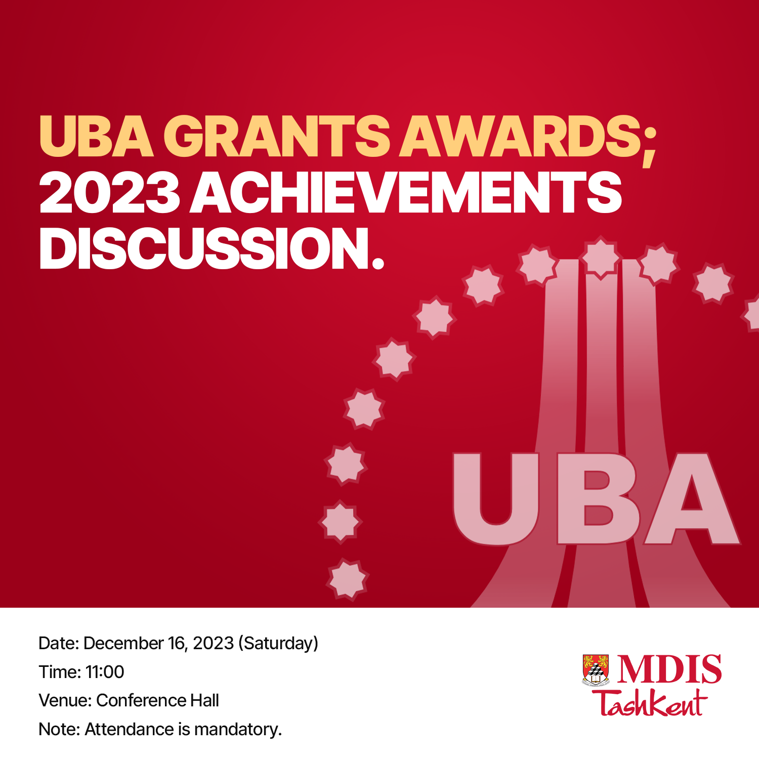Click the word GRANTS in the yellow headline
276,136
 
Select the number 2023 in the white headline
109,192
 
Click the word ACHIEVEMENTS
406,192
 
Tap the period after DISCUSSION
378,262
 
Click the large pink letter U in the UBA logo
495,499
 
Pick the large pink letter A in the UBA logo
692,498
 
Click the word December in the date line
123,643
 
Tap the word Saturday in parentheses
278,644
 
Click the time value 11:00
105,672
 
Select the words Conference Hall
157,700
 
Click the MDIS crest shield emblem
596,669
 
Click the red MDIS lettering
669,669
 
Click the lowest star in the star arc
348,579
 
